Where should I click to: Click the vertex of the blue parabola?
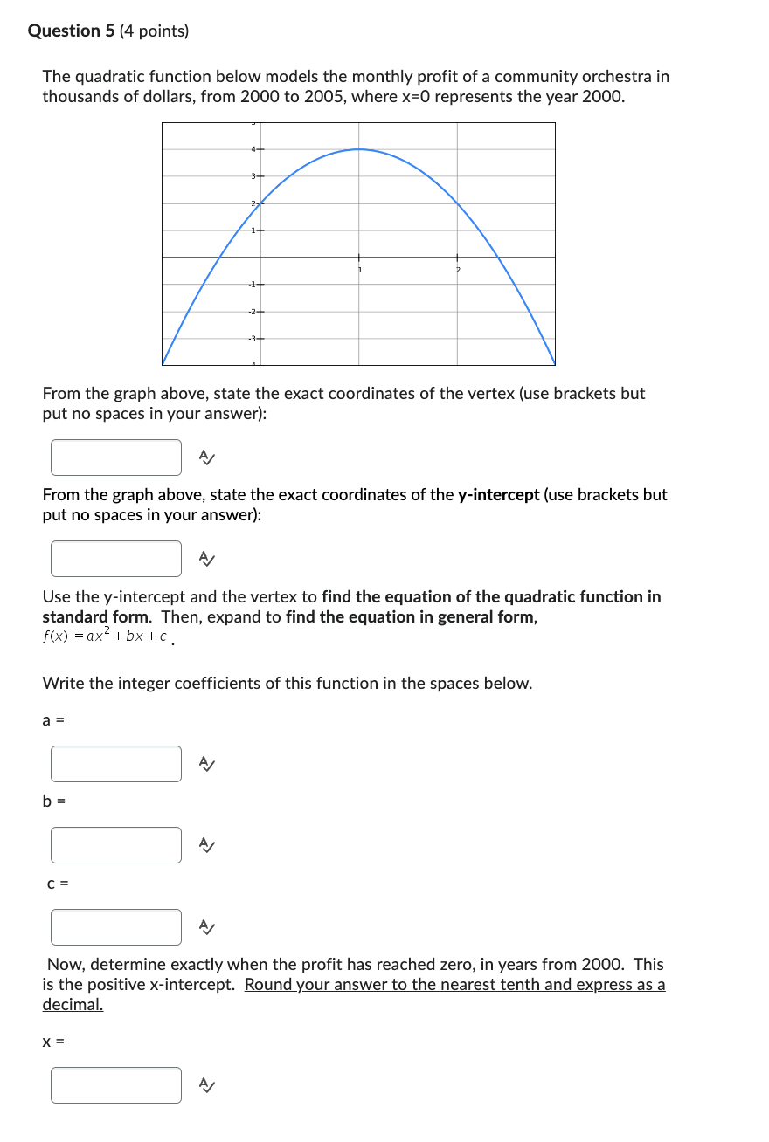pos(358,149)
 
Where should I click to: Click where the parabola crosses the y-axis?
pos(260,203)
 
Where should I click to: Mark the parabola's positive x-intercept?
pos(498,258)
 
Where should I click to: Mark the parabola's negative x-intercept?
pos(218,258)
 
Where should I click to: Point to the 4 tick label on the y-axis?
pos(253,150)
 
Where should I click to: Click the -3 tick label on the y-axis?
pos(252,338)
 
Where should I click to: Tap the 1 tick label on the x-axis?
pos(358,270)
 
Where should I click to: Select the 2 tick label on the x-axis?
pos(457,270)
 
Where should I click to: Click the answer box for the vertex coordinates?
pos(116,457)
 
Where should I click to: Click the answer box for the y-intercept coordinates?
pos(116,559)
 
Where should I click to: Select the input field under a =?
pos(116,764)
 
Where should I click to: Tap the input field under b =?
pos(116,845)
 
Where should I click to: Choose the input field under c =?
pos(116,927)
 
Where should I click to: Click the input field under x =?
pos(116,1085)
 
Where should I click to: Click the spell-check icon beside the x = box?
pos(205,1085)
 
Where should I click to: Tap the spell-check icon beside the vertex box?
pos(205,457)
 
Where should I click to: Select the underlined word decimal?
pos(73,1005)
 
